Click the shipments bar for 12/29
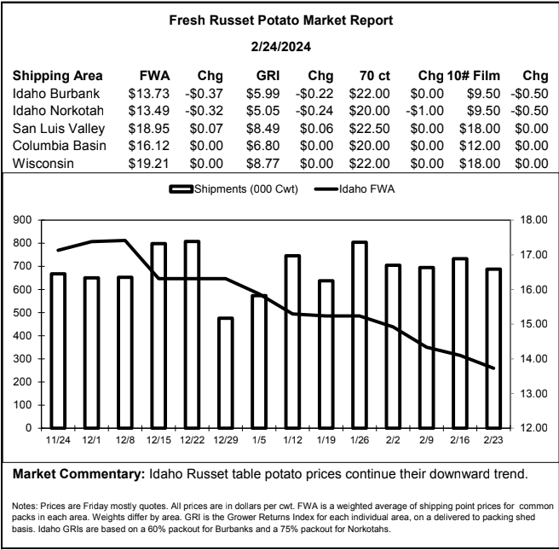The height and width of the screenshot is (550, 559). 226,373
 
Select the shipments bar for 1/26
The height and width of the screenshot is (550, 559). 360,335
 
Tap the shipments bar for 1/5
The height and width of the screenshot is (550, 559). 259,362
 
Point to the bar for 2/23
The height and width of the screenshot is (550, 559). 493,349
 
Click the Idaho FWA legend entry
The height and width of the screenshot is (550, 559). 354,189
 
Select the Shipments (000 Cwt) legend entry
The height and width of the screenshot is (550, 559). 233,189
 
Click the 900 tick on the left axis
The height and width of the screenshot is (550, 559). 22,220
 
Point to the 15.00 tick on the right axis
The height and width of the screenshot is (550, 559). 533,324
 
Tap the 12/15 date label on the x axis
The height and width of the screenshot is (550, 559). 158,440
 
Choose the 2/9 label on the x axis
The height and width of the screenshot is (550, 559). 426,440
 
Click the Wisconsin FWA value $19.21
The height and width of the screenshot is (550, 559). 148,164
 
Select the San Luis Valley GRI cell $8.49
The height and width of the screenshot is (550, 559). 262,129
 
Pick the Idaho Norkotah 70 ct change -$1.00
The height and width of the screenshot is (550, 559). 424,111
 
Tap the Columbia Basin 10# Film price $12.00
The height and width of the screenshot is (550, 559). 480,146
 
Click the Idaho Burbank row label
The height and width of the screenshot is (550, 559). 56,94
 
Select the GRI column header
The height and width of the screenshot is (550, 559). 268,76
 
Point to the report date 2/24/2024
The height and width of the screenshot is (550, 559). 281,47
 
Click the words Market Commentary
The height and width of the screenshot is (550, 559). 78,474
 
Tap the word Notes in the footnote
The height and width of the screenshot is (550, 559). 24,506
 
